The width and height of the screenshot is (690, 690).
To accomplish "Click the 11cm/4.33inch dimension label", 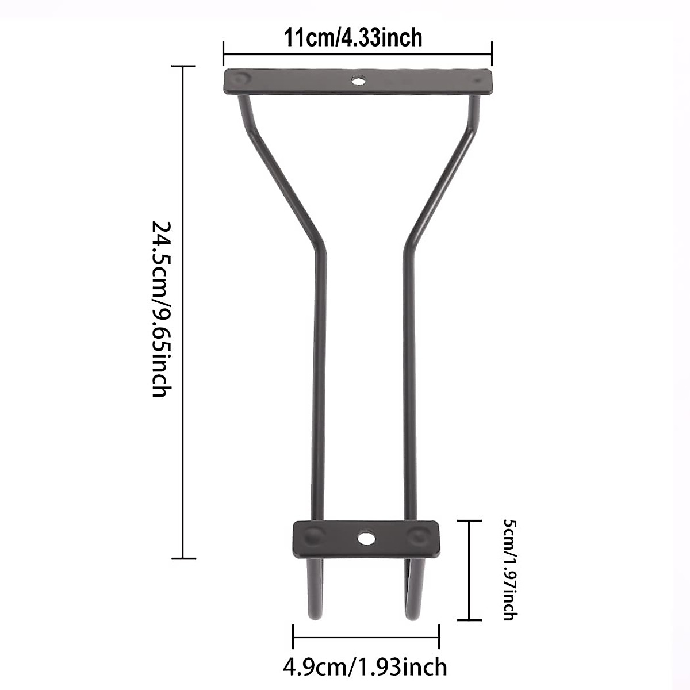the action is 352,38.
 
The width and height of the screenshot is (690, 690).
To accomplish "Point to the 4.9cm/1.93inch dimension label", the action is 365,667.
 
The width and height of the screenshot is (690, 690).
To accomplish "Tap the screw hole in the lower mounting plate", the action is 365,538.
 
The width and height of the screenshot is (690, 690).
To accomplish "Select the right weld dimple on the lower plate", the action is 417,536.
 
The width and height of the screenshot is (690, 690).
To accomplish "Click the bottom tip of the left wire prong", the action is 315,618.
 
